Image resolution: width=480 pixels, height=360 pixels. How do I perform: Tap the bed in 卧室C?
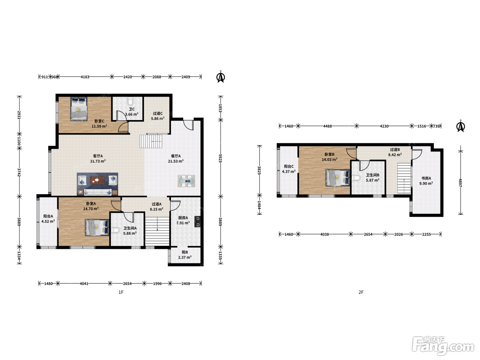point(79,109)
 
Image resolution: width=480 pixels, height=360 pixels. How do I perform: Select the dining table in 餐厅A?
point(186,181)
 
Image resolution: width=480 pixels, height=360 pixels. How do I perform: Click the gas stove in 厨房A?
point(197,221)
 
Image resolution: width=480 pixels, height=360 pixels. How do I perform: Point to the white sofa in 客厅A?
point(98,192)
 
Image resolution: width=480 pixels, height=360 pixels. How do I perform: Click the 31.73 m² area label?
point(98,161)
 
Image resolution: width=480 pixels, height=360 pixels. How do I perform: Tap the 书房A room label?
point(426,178)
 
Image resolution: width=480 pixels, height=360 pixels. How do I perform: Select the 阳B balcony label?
point(185,252)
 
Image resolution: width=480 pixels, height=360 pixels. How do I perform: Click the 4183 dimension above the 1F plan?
point(85,77)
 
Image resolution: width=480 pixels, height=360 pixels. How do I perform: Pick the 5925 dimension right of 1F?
point(220,158)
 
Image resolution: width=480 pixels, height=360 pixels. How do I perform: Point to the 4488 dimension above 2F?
point(327,126)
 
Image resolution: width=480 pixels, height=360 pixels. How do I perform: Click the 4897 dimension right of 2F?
point(460,183)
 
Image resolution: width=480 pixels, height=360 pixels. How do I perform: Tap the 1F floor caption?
point(121,292)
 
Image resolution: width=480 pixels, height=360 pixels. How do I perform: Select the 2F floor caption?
point(361,292)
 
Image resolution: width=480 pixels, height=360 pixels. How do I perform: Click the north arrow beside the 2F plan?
point(460,126)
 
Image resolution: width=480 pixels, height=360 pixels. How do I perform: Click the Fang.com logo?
point(443,346)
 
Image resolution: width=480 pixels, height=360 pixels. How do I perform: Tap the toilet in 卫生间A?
point(115,230)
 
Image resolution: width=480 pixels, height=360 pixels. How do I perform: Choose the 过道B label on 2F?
point(395,149)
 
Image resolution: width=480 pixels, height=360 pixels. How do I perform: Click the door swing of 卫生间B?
point(364,166)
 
